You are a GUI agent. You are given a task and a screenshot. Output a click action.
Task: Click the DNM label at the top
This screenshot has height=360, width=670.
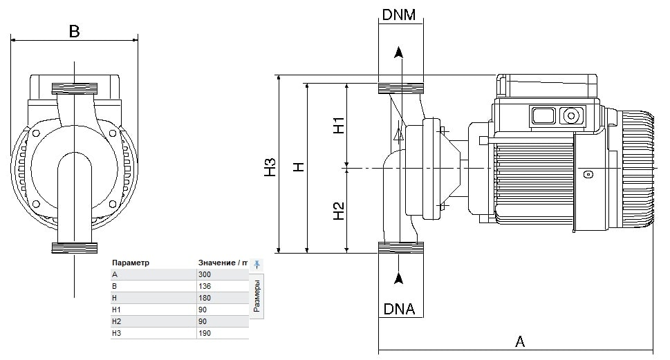point(399,15)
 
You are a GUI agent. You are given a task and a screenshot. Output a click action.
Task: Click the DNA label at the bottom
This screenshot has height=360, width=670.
point(399,309)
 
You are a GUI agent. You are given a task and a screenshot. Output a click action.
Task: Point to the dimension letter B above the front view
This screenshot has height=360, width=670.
point(75,31)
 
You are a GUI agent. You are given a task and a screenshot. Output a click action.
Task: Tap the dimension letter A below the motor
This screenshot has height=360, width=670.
point(520,341)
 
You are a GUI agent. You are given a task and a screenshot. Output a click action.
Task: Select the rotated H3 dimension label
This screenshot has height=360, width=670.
point(270,167)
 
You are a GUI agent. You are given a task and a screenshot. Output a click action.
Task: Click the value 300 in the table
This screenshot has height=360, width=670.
point(205,274)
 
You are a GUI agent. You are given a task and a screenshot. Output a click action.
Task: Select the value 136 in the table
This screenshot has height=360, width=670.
point(205,286)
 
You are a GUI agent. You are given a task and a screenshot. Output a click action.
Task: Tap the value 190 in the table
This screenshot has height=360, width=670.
point(205,333)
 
